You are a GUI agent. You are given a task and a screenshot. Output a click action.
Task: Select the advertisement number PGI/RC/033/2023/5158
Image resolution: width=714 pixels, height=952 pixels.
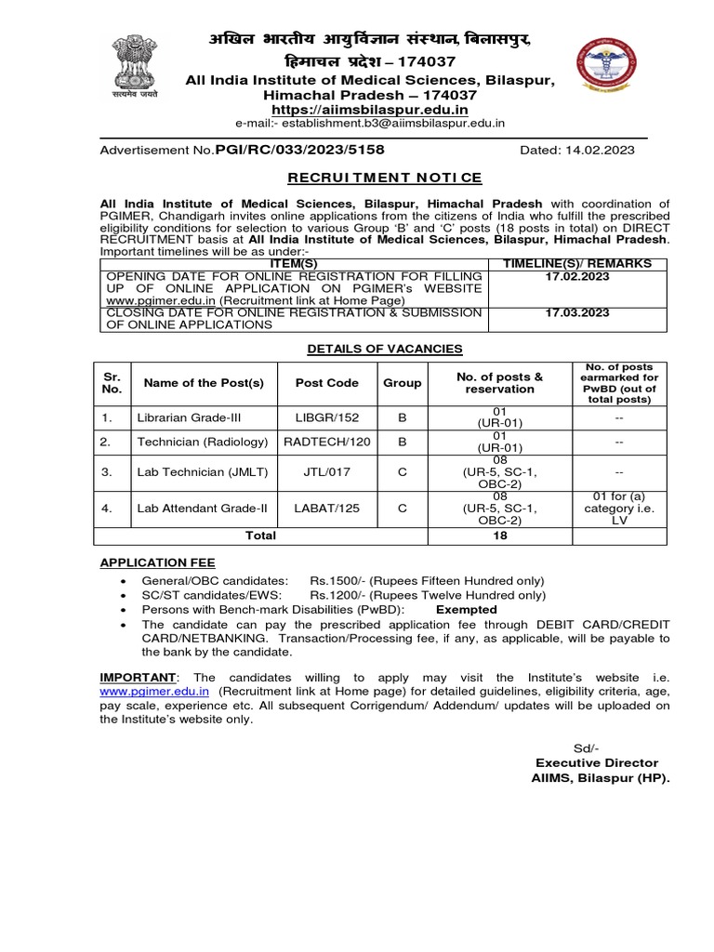click(299, 150)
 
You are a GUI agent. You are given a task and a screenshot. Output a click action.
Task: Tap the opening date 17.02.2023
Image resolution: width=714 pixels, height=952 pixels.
click(577, 276)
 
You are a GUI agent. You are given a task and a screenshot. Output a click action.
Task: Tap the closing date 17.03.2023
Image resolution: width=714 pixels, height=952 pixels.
click(577, 312)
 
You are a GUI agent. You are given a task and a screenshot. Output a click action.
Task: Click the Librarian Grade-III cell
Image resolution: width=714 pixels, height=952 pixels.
click(181, 418)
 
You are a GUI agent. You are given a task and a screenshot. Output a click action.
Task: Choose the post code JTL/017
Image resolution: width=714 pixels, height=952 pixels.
click(326, 472)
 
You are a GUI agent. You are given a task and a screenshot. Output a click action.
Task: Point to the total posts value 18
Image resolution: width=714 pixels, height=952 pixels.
click(498, 535)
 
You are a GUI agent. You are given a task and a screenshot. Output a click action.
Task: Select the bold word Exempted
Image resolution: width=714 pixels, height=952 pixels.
click(467, 610)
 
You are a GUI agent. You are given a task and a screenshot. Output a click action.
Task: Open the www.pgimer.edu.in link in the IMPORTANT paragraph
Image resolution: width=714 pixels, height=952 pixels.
click(154, 692)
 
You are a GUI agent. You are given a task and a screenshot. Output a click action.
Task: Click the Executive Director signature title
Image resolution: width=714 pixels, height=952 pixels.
click(596, 762)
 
